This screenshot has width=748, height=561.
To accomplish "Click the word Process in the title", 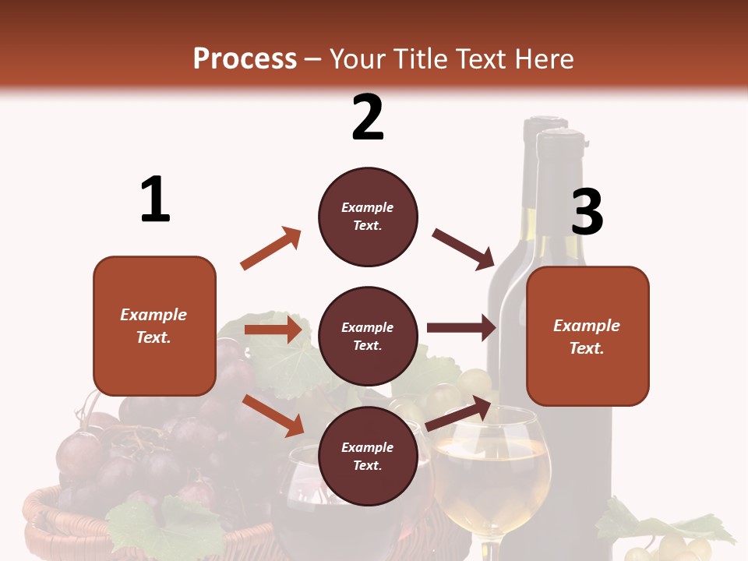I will click(x=245, y=59).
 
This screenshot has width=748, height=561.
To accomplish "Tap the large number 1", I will click(x=155, y=200).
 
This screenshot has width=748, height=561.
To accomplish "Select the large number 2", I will click(x=368, y=118).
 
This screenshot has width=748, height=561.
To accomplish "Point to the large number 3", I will click(x=587, y=212).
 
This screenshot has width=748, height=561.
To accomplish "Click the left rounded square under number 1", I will click(x=154, y=326).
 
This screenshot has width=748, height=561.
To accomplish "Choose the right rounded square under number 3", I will click(x=587, y=336).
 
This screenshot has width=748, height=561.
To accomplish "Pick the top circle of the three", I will click(x=368, y=217).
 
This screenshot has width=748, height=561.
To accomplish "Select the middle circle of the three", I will click(x=368, y=336).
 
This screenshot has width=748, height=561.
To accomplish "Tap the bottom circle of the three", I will click(x=368, y=456).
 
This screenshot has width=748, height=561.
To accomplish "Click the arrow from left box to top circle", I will click(x=271, y=249).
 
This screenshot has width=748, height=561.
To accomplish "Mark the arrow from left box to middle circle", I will click(x=273, y=330).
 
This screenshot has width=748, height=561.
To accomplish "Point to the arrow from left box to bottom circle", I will click(x=273, y=415).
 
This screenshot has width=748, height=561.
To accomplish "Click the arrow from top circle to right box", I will click(x=464, y=249).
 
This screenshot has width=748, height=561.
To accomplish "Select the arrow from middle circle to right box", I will click(x=461, y=327).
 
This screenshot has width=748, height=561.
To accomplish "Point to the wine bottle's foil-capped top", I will click(x=559, y=148).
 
